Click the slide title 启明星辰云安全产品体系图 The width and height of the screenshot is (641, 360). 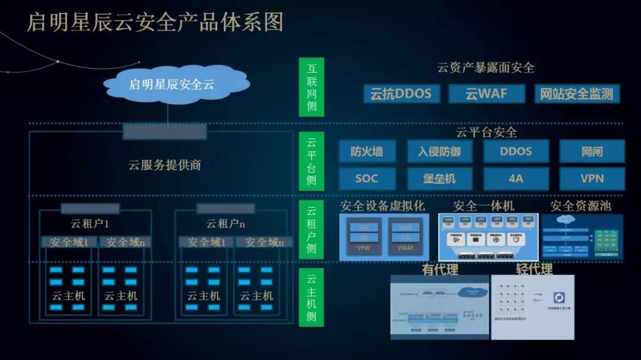(x=155, y=22)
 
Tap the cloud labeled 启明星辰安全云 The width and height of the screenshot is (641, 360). (x=171, y=84)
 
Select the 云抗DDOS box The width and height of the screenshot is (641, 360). (x=401, y=94)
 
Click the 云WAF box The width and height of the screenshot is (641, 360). (x=486, y=94)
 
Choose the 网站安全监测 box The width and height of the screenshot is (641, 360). (x=576, y=94)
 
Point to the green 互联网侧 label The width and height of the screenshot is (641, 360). (x=312, y=87)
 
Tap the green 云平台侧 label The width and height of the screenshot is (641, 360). (x=312, y=161)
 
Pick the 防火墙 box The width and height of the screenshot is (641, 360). (x=366, y=151)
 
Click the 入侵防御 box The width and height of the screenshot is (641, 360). (x=439, y=151)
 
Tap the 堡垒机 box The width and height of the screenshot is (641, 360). (x=439, y=178)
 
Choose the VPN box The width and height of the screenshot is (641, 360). (x=592, y=178)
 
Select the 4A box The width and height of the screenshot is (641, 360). (x=515, y=178)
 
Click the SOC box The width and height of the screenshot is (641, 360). (x=366, y=178)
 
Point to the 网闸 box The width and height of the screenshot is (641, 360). (x=592, y=151)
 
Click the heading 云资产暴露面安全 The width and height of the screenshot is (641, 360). (x=485, y=68)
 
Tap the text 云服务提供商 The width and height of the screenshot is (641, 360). (x=164, y=165)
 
